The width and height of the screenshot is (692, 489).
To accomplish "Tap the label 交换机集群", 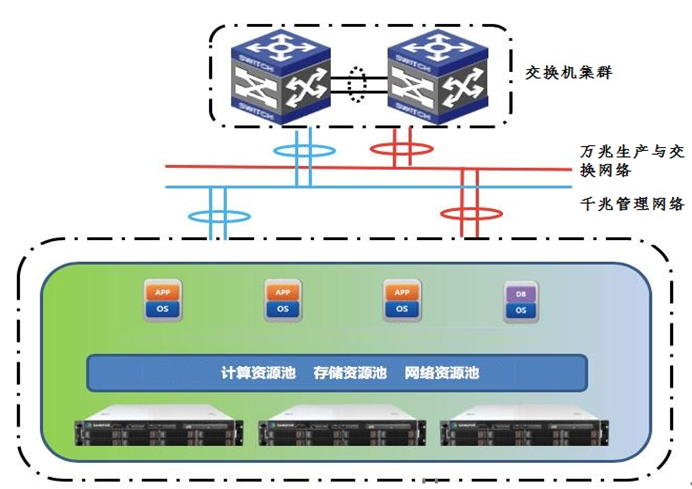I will (570, 73).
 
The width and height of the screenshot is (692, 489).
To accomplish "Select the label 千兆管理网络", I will (632, 204).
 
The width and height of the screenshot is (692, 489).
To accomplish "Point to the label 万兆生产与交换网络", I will (632, 161).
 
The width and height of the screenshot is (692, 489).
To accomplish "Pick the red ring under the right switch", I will (401, 149).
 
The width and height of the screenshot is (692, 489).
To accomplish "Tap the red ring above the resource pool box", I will (469, 214).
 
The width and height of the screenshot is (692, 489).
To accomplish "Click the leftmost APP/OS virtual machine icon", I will (162, 300).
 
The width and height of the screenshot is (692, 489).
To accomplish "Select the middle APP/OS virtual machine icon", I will (283, 300).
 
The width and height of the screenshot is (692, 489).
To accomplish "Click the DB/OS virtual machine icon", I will (520, 302).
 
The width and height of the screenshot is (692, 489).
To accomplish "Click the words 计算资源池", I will (258, 373).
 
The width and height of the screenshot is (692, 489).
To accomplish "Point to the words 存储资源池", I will (349, 373).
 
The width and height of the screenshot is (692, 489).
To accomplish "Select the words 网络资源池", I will (442, 373).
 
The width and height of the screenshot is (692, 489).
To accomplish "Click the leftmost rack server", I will (160, 428).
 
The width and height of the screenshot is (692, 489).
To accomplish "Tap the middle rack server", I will (342, 428).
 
